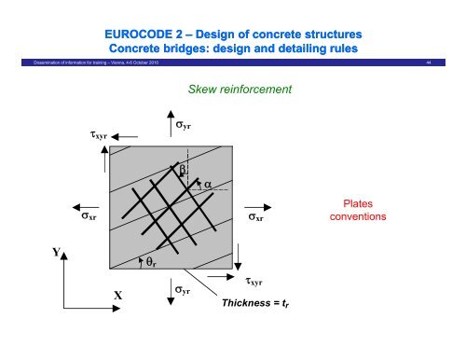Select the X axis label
click(x=117, y=296)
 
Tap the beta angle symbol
click(x=184, y=169)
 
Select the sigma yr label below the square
click(x=185, y=291)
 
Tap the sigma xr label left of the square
click(x=91, y=222)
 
